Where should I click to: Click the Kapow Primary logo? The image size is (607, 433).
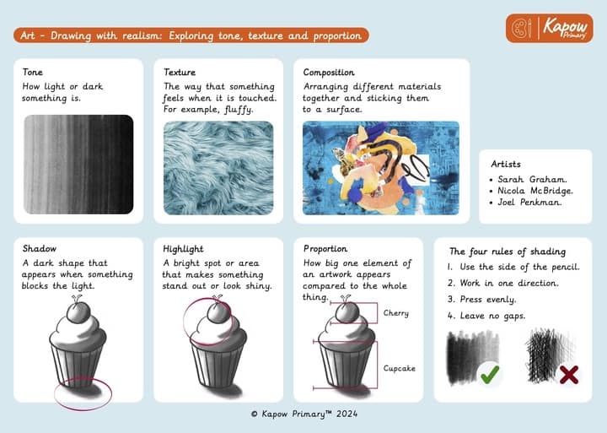(x=550, y=28)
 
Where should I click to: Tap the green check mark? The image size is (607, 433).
(x=490, y=374)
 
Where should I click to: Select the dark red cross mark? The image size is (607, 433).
(x=569, y=375)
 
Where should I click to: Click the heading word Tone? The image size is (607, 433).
(x=33, y=72)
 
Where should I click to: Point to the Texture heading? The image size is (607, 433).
(x=180, y=72)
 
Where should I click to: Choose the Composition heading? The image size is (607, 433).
(x=329, y=73)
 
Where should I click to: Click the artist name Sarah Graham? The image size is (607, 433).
(x=532, y=180)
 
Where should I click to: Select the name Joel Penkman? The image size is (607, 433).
(x=529, y=202)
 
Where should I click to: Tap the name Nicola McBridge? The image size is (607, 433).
(x=535, y=191)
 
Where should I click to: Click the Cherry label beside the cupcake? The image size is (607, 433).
(x=396, y=313)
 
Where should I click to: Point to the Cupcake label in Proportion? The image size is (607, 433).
(x=399, y=368)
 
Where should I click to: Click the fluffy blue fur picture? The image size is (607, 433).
(x=218, y=168)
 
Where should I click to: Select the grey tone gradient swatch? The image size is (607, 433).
(x=78, y=165)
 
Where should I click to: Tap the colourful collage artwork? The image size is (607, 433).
(x=381, y=168)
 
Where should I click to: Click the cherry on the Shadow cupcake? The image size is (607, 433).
(x=78, y=312)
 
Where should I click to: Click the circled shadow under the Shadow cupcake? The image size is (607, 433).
(x=83, y=392)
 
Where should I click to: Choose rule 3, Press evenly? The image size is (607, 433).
(x=482, y=300)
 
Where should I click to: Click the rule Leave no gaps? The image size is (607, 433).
(x=486, y=316)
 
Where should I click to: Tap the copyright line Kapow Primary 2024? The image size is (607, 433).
(x=303, y=414)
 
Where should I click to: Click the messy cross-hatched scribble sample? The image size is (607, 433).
(x=548, y=355)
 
